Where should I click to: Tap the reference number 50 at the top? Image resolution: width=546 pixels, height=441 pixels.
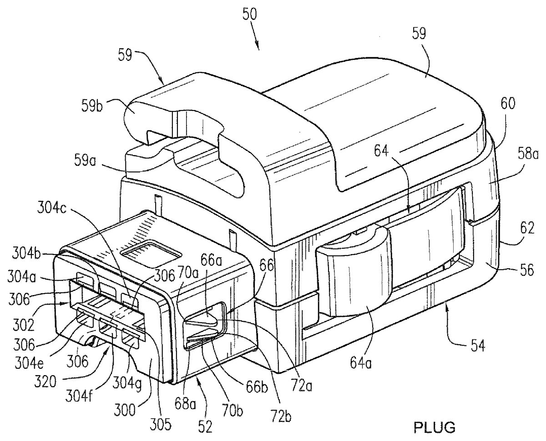(x=250, y=15)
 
